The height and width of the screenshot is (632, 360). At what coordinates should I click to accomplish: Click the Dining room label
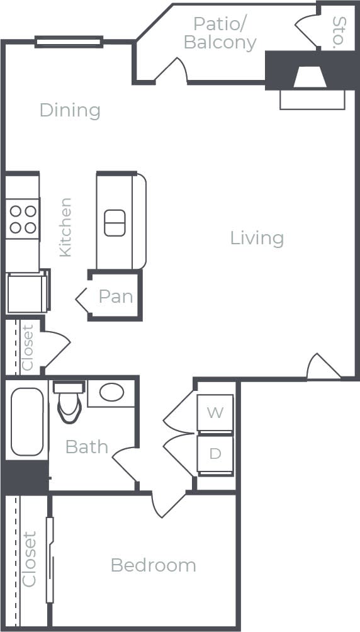click(70, 110)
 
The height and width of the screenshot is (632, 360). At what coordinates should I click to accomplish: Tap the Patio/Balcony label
click(220, 33)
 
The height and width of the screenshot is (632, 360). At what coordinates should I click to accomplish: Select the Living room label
click(257, 238)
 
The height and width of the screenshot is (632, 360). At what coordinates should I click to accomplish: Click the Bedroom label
click(153, 565)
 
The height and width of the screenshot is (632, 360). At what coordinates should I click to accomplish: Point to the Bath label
click(87, 447)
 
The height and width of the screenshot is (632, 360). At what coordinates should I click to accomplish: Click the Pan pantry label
click(116, 296)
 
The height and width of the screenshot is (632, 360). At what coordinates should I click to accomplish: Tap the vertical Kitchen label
click(65, 227)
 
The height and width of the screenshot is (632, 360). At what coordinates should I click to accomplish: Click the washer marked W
click(215, 413)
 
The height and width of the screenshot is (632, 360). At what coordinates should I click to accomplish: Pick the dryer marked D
click(215, 454)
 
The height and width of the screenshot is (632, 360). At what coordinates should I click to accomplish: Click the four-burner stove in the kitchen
click(23, 219)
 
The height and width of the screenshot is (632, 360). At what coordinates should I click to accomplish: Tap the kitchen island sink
click(115, 223)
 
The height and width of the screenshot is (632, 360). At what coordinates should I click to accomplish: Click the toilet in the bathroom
click(68, 403)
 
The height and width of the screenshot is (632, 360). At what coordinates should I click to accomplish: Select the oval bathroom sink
click(112, 393)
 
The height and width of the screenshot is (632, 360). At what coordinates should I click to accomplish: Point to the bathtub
click(27, 421)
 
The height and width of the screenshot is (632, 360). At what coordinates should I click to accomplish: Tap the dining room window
click(69, 42)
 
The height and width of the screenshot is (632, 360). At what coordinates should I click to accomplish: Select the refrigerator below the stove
click(27, 293)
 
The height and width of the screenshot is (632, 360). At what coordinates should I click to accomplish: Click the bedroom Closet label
click(30, 559)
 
